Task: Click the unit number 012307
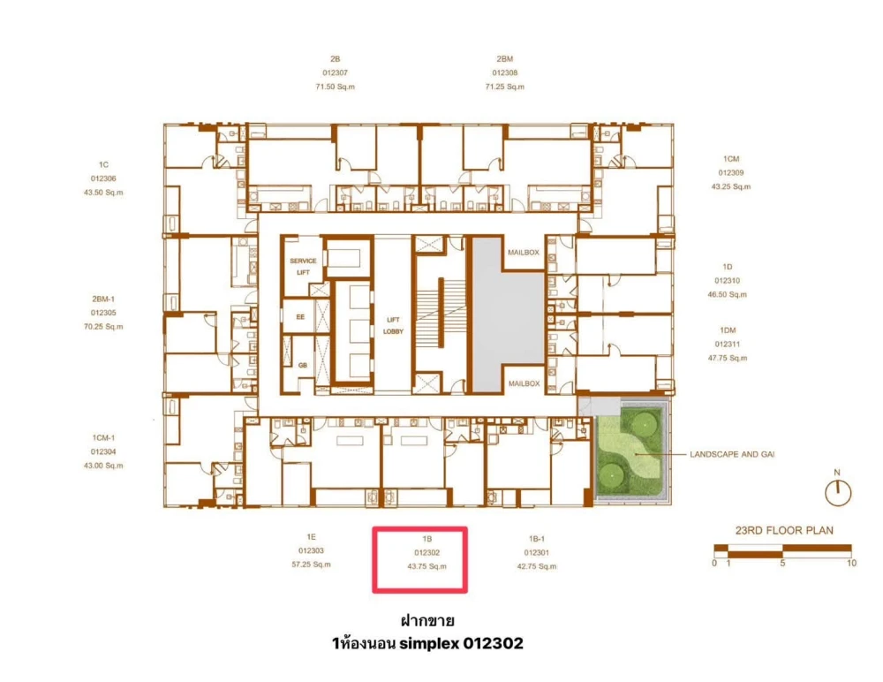coord(335,72)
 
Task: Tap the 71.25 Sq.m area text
coord(504,87)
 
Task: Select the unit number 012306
coord(103,178)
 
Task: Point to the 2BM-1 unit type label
coord(103,299)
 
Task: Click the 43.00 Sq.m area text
coord(103,466)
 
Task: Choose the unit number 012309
coord(731,173)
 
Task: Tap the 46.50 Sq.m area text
coord(727,294)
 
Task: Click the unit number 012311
coord(727,344)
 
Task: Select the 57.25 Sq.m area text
coord(311,565)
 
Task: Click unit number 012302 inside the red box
coord(426,553)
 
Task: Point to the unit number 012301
coord(536,553)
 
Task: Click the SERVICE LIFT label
coord(303,267)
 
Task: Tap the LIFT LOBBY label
coord(393,326)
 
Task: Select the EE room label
coord(300,317)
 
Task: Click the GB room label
coord(302,365)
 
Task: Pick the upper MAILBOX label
coord(523,253)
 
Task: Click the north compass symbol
coord(837,493)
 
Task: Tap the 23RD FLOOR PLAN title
coord(784,530)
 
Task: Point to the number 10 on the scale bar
coord(851,563)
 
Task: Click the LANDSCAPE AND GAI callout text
coord(732,454)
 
